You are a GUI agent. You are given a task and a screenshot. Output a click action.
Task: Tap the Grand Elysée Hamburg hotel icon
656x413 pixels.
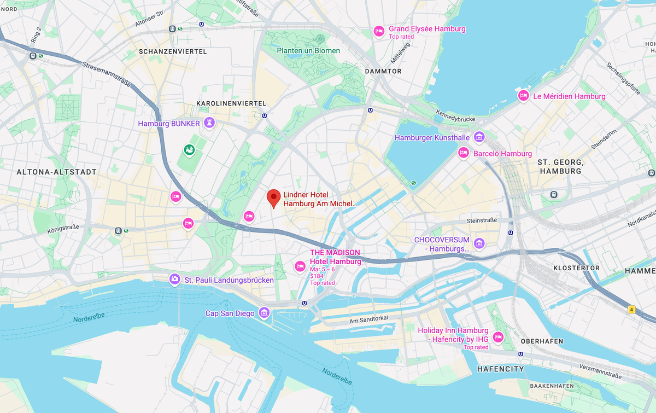[378, 31]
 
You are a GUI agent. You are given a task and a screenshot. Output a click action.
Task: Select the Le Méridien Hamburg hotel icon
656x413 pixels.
[523, 96]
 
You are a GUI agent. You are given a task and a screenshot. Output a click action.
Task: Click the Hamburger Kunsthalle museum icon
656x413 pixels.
[479, 137]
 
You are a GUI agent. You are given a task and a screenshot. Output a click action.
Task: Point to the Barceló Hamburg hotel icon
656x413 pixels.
[464, 153]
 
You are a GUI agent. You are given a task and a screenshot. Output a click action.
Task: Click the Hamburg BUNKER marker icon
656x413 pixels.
[209, 123]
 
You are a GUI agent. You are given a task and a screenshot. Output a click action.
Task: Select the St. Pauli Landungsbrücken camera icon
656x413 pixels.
[174, 280]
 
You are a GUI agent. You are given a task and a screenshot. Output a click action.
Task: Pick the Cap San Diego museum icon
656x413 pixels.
[264, 312]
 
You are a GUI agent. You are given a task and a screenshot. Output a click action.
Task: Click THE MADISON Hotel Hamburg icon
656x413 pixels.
[300, 266]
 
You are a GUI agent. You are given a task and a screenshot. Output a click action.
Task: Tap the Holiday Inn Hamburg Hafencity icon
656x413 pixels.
[498, 337]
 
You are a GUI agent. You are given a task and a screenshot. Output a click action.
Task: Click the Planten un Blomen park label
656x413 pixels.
[308, 51]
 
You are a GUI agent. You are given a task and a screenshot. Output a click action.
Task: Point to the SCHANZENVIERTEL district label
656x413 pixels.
[173, 51]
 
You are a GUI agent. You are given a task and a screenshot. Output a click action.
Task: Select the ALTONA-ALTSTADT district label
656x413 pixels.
[57, 172]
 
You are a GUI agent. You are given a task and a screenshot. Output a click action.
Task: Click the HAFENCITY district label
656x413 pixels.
[500, 369]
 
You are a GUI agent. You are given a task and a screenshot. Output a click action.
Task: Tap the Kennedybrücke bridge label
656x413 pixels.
[456, 115]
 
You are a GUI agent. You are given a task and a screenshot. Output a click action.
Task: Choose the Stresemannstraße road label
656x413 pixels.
[107, 75]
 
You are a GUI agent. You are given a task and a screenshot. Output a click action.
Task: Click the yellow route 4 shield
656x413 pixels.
[631, 310]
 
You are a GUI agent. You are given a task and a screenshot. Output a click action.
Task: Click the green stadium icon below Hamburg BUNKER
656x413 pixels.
[189, 149]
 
